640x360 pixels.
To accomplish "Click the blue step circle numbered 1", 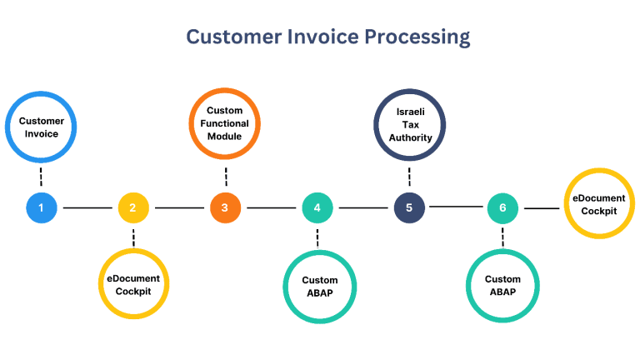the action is click(41, 207).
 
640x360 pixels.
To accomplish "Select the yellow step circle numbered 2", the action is click(133, 207).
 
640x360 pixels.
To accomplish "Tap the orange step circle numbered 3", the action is click(225, 207).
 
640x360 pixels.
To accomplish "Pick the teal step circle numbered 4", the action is click(317, 207).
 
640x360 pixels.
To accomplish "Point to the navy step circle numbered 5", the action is click(409, 207).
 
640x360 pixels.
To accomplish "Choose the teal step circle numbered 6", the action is click(502, 208).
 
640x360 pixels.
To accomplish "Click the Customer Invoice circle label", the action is click(41, 127).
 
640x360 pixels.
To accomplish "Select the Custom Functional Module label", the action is click(224, 123).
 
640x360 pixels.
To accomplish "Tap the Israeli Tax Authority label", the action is click(410, 124).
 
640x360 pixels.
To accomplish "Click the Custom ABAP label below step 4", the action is click(320, 287).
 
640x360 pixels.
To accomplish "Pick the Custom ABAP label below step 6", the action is click(502, 285).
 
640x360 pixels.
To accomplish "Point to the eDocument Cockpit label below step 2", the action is click(133, 285).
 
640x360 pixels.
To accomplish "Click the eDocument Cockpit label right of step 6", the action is click(599, 204).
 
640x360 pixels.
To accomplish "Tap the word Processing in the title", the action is click(417, 37).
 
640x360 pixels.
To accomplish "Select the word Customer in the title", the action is click(234, 37).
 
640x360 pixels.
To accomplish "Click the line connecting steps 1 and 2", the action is click(87, 207).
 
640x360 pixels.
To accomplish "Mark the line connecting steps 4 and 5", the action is click(363, 207).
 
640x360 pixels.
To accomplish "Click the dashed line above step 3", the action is click(226, 177).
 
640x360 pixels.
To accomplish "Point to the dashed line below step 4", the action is click(317, 238).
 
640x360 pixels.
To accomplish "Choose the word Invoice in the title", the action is click(322, 37).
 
